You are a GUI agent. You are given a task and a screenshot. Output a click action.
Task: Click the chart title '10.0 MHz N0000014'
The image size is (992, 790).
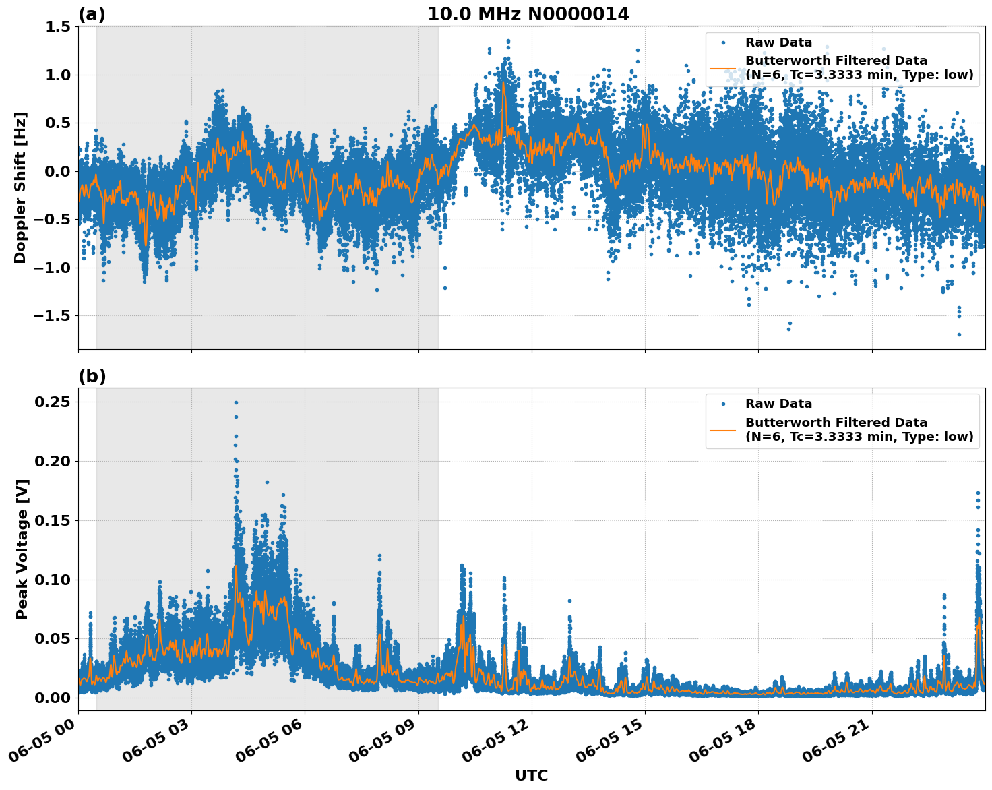[528, 14]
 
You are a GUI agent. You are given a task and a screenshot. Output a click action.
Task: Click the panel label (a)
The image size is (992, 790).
[92, 14]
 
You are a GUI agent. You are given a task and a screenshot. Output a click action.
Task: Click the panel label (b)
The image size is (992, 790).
[92, 376]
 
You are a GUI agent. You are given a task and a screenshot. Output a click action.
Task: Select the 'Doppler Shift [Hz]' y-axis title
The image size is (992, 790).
[20, 187]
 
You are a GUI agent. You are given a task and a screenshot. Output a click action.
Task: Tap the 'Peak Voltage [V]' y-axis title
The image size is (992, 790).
[22, 564]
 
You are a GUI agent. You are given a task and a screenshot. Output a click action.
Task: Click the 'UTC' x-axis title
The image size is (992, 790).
[531, 775]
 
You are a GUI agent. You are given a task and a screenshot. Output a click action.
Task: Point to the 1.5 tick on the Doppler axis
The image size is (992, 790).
[57, 26]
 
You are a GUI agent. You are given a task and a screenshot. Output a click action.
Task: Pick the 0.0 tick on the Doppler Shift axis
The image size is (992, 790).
[57, 171]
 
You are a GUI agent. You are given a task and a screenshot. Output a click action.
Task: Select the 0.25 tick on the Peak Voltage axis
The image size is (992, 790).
[53, 402]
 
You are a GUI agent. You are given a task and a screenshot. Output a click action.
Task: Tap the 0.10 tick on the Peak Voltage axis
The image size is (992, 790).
[53, 580]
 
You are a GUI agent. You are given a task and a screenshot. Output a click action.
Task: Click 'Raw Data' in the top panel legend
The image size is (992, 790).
[778, 42]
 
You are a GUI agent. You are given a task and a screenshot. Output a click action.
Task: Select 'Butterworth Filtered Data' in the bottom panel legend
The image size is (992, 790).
[836, 423]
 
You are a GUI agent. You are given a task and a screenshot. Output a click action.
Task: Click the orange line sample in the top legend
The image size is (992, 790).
[723, 68]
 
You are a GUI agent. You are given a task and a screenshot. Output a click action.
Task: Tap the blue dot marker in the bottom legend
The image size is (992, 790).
[723, 404]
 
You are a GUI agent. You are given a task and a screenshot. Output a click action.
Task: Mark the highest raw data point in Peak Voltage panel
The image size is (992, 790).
[236, 402]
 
